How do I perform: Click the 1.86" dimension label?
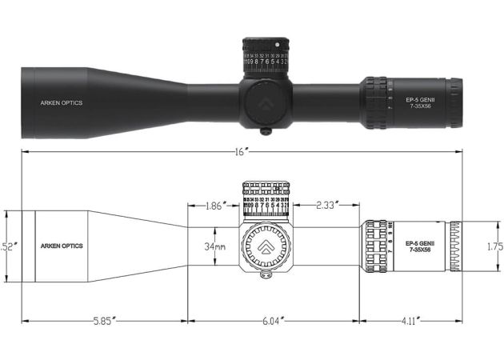[214, 206]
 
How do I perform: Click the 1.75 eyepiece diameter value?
[494, 246]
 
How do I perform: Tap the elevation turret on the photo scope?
[266, 56]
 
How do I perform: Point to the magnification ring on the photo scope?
[374, 102]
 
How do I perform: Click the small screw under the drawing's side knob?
[266, 276]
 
